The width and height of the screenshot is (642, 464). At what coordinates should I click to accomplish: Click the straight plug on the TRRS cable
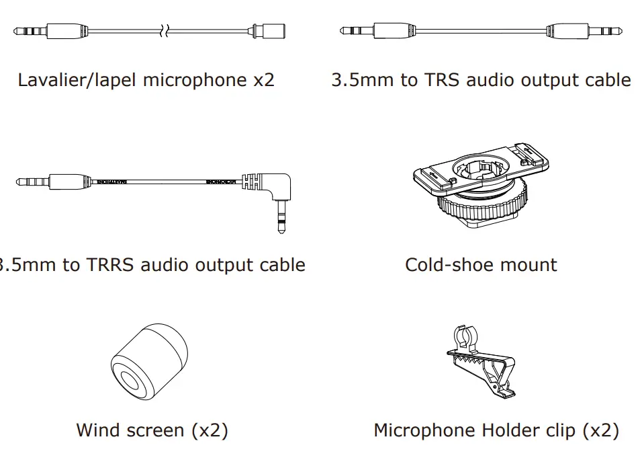[54, 182]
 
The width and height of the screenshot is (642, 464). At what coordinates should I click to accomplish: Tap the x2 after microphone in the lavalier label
[263, 81]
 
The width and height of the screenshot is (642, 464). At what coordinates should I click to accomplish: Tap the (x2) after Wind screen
[210, 430]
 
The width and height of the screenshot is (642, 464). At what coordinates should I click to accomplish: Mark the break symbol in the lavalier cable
[165, 31]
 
